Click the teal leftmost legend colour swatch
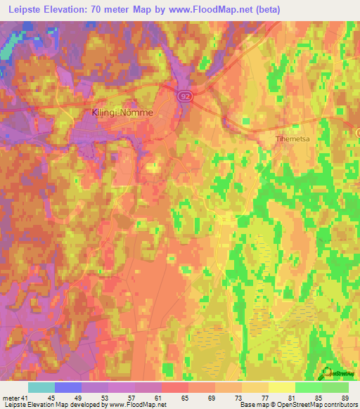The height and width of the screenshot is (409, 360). (41, 388)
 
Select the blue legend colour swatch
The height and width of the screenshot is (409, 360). (68, 388)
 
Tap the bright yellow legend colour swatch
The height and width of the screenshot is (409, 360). (282, 388)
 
